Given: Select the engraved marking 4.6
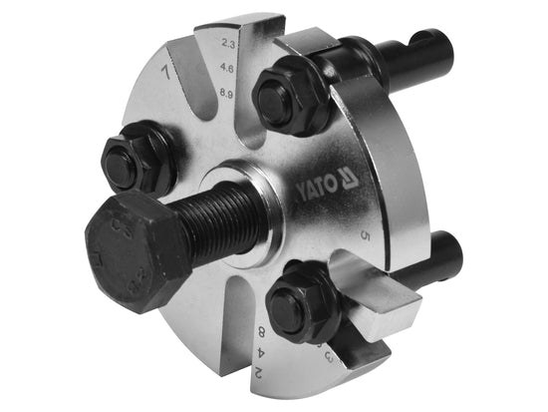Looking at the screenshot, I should tap(230, 70).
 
